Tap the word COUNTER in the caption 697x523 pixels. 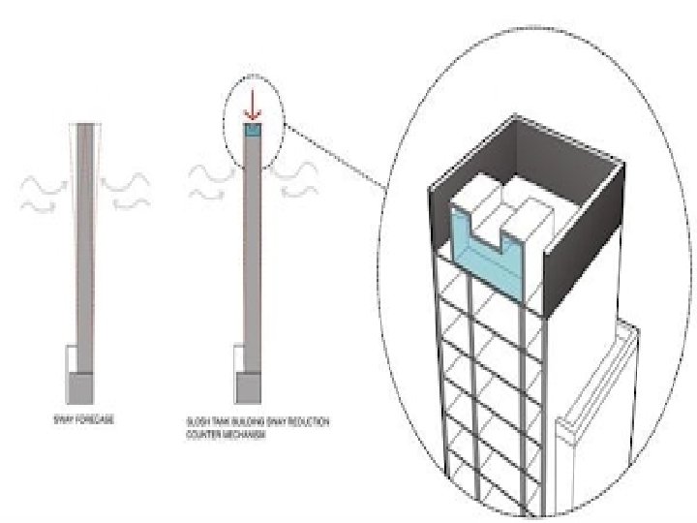pyautogui.click(x=203, y=436)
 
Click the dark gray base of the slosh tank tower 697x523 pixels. pyautogui.click(x=250, y=388)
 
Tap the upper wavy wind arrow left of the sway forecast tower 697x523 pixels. pyautogui.click(x=45, y=181)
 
